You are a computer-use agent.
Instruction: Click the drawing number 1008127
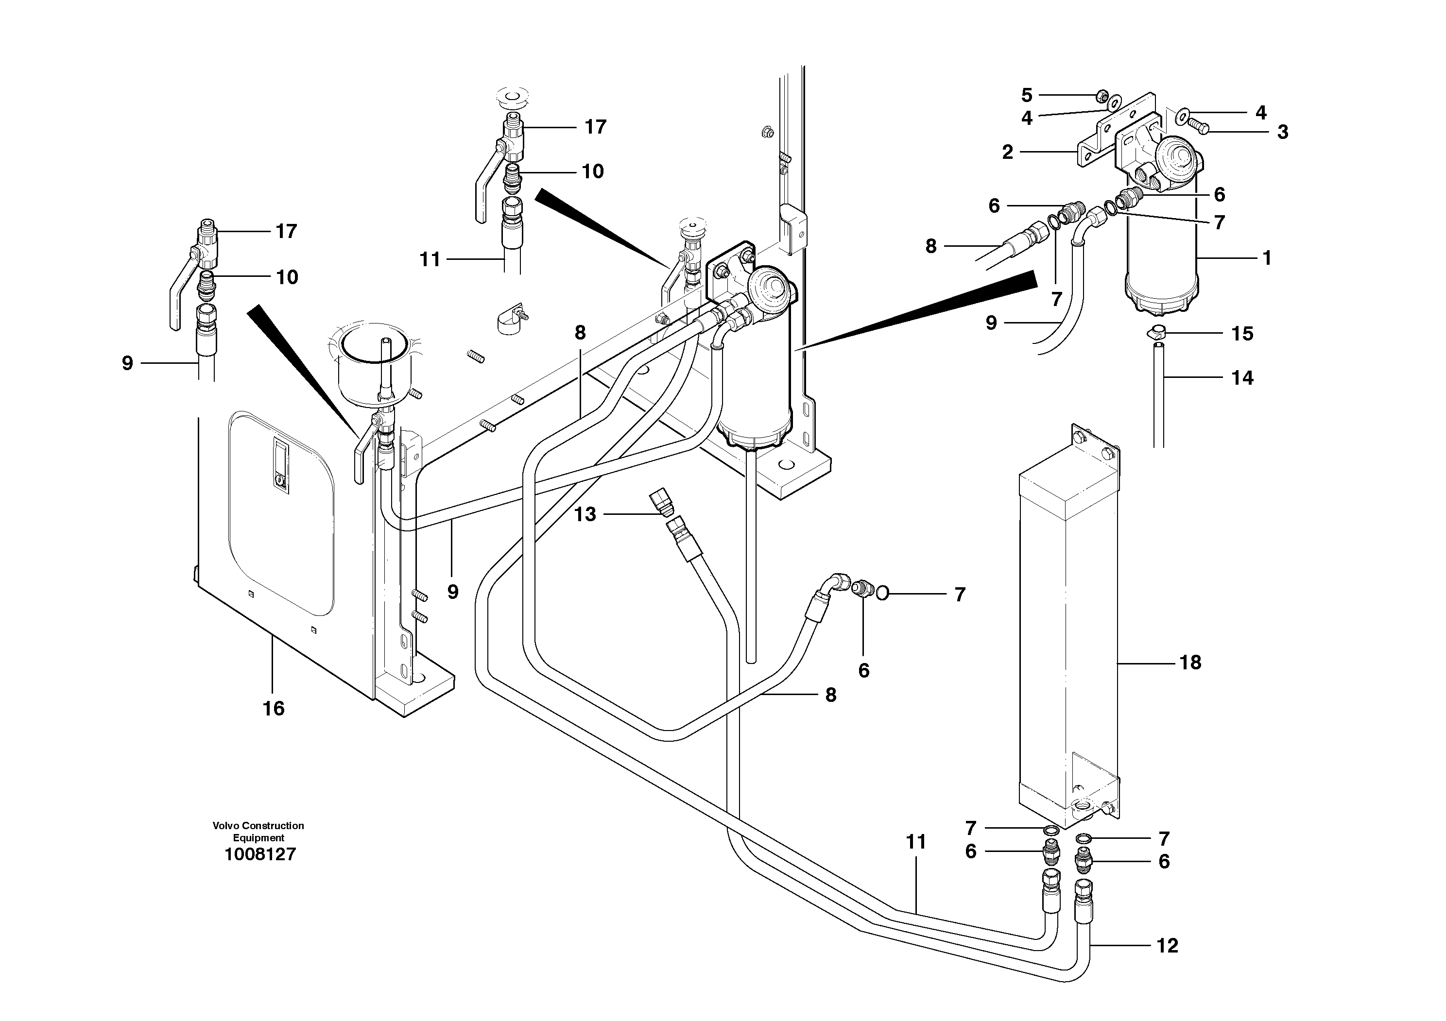point(259,855)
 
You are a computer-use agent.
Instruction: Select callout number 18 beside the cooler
point(1189,662)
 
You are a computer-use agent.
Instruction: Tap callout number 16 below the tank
point(274,709)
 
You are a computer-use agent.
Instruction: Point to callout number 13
point(585,515)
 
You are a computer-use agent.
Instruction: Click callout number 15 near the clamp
point(1242,334)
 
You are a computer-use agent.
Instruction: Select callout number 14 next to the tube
point(1242,378)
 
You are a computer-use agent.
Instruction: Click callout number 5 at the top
point(1027,96)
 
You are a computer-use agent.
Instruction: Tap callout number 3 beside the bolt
point(1282,132)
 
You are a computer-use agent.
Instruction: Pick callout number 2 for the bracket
point(1008,153)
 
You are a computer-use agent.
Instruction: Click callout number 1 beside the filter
point(1267,258)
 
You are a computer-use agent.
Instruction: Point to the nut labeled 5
point(1102,96)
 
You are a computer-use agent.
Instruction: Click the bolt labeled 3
point(1197,128)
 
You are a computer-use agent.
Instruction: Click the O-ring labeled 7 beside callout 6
point(882,592)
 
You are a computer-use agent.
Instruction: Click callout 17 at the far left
point(286,232)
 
